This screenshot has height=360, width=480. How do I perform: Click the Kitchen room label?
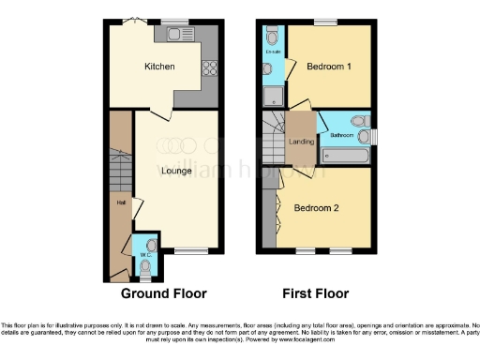(158, 67)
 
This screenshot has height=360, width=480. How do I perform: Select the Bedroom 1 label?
(329, 66)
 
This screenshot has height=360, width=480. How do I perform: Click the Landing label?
(301, 142)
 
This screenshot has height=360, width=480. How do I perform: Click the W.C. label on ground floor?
(145, 255)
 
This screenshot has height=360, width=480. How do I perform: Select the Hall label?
(121, 202)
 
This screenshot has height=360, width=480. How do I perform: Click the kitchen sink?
(175, 35)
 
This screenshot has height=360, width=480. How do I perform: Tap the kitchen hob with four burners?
(210, 67)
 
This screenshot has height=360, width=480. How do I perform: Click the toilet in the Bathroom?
(356, 121)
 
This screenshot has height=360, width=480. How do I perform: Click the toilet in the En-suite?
(270, 37)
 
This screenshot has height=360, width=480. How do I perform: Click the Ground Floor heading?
(164, 292)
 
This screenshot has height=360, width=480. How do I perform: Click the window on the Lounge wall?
(191, 250)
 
